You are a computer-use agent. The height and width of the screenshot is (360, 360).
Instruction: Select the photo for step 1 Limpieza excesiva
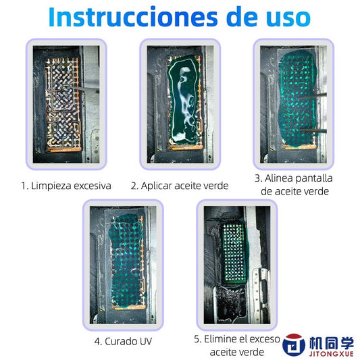coord(66,103)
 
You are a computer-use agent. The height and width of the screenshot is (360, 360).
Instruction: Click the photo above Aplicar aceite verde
coord(179,103)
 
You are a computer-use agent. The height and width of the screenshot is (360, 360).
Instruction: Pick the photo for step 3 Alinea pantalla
coord(294,103)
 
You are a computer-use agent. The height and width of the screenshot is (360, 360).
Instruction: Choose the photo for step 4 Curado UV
coord(123,263)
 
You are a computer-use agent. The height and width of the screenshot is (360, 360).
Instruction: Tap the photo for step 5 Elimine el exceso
coord(237,263)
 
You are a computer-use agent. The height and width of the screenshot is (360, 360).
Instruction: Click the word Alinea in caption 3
coord(279,179)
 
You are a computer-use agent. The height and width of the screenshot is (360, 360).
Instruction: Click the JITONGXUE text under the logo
coord(320,351)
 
